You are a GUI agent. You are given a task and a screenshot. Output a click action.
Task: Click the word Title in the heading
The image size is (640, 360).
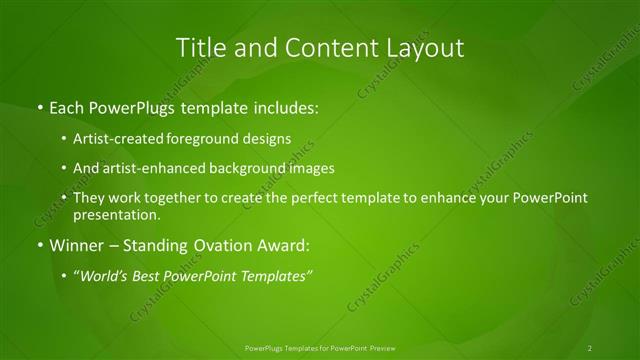[199, 47]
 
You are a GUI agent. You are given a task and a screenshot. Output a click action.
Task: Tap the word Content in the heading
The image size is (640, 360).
[324, 47]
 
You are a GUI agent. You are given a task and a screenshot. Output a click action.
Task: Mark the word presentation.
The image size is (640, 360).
[117, 214]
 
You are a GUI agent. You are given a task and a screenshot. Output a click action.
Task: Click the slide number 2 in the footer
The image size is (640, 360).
[590, 348]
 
